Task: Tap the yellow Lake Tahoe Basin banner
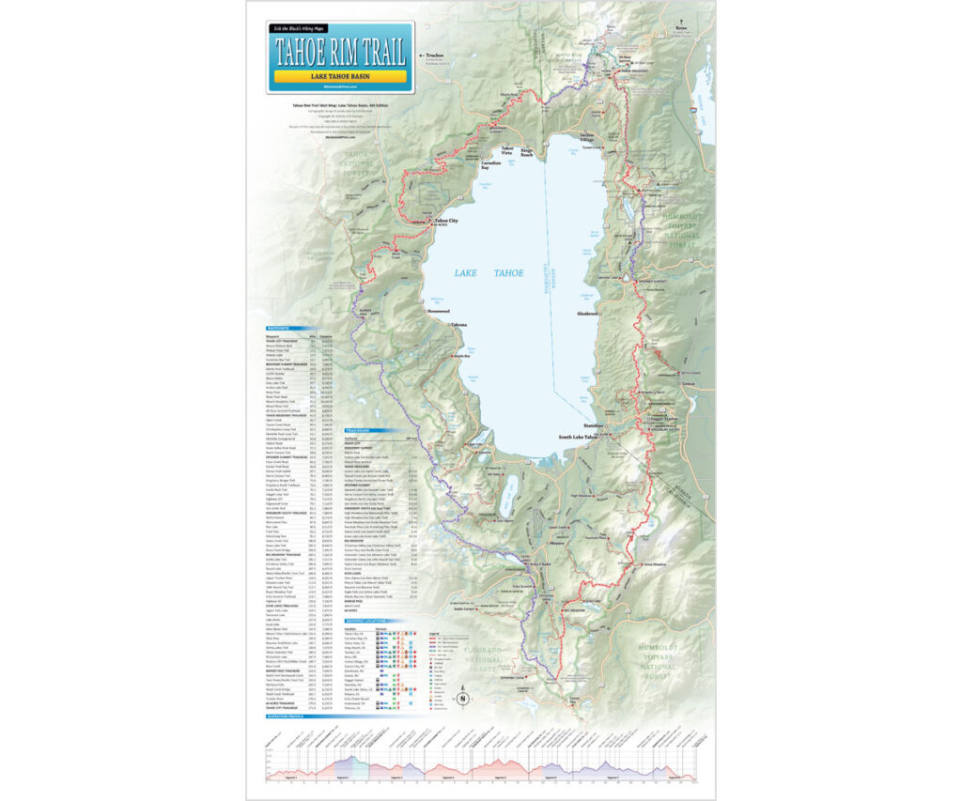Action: tap(341, 75)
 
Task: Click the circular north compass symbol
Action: tap(463, 698)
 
